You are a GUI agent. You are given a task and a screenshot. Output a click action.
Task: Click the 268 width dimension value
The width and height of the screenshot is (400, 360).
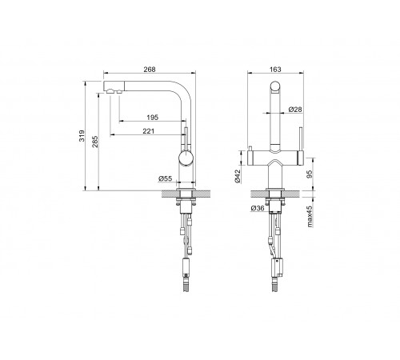[150, 70]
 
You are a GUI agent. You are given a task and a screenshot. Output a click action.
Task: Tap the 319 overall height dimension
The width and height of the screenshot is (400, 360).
[82, 136]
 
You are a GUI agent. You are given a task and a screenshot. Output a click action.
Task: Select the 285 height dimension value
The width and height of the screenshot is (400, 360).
[95, 142]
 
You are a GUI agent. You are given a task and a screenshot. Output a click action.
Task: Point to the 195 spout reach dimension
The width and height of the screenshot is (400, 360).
[152, 117]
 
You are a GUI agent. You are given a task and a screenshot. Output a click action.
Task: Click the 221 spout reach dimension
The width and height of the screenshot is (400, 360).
[149, 131]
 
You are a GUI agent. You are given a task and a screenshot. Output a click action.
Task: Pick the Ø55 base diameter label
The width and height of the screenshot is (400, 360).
[166, 178]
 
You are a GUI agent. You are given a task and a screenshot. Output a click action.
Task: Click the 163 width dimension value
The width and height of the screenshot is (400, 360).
[275, 70]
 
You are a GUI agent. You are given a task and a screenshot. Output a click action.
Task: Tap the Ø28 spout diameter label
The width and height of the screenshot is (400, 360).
[295, 109]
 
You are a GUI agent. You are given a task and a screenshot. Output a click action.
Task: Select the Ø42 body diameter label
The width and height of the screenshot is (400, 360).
[238, 176]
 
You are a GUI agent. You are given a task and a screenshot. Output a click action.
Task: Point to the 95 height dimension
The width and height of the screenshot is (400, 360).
[310, 174]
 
